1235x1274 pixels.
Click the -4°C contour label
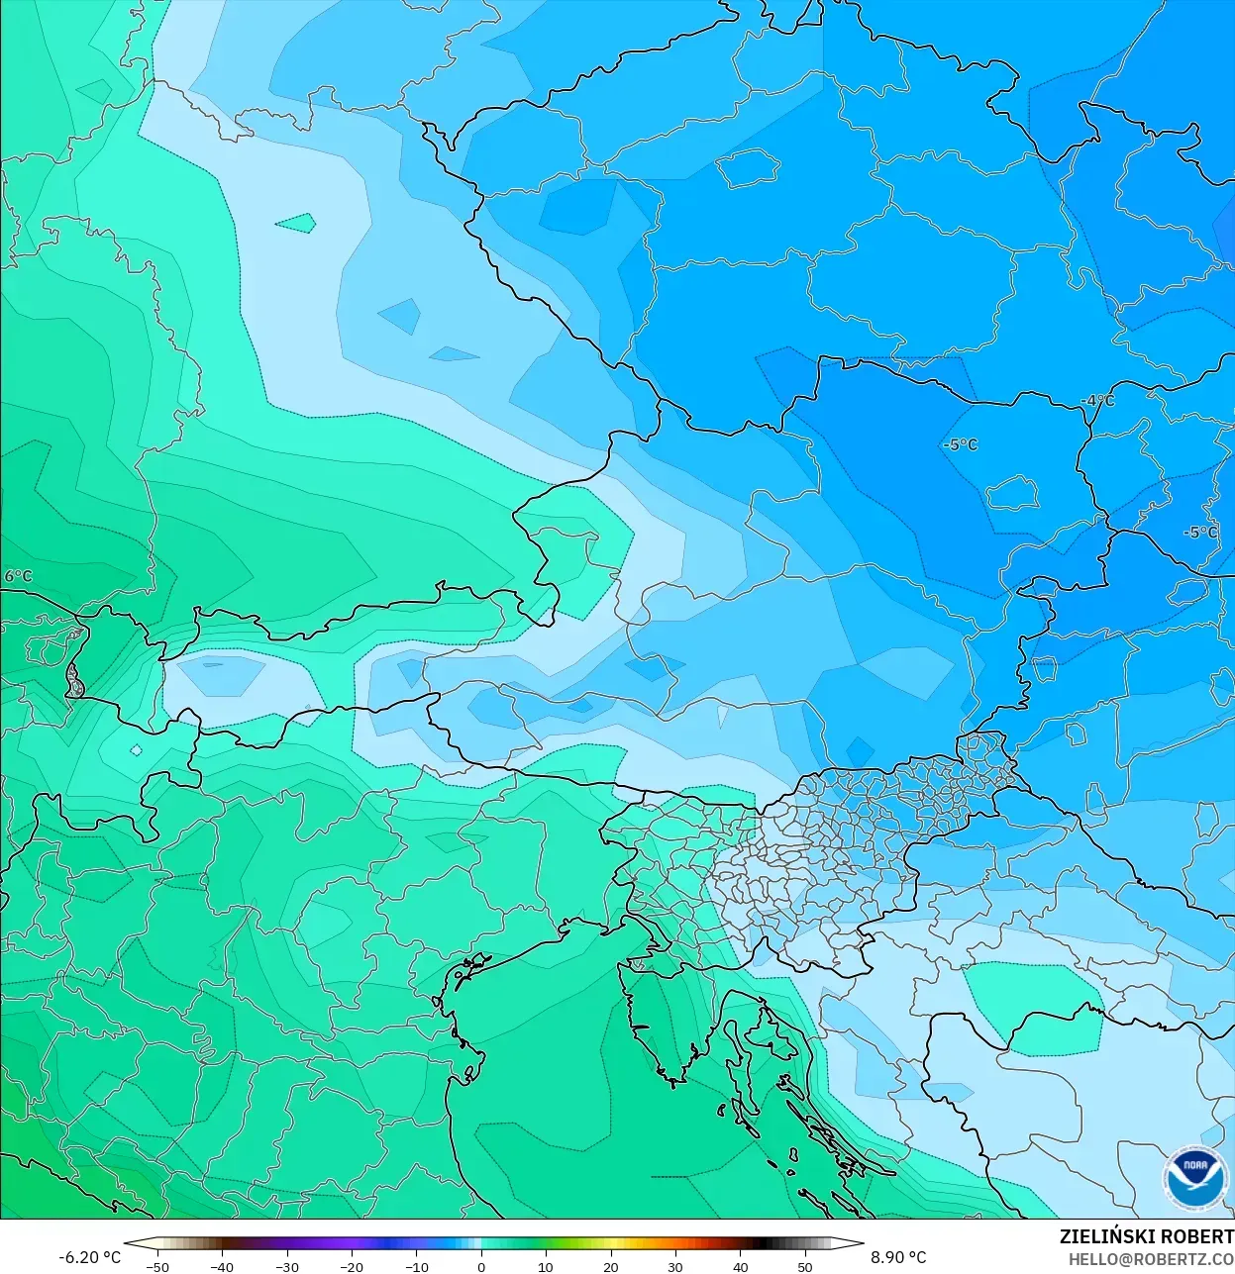[x=1097, y=401]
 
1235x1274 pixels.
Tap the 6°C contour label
[x=18, y=576]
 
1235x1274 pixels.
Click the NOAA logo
[x=1194, y=1178]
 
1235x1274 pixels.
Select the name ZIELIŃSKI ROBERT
[x=1146, y=1236]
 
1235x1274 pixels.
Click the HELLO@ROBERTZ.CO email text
[x=1150, y=1258]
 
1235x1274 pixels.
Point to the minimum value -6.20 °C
[x=89, y=1257]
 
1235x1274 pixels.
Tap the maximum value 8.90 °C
[x=898, y=1257]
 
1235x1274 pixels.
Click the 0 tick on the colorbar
[x=481, y=1267]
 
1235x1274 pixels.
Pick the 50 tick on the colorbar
[x=805, y=1267]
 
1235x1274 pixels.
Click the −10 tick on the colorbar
[x=416, y=1267]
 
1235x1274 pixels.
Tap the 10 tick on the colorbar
[x=546, y=1267]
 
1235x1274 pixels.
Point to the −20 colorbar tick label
[x=351, y=1267]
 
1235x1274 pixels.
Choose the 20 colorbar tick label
[x=611, y=1267]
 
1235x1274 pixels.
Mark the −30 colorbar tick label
[x=286, y=1267]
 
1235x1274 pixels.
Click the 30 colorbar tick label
[x=675, y=1267]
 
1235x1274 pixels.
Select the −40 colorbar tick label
[x=221, y=1267]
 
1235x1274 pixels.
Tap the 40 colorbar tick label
[x=741, y=1267]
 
